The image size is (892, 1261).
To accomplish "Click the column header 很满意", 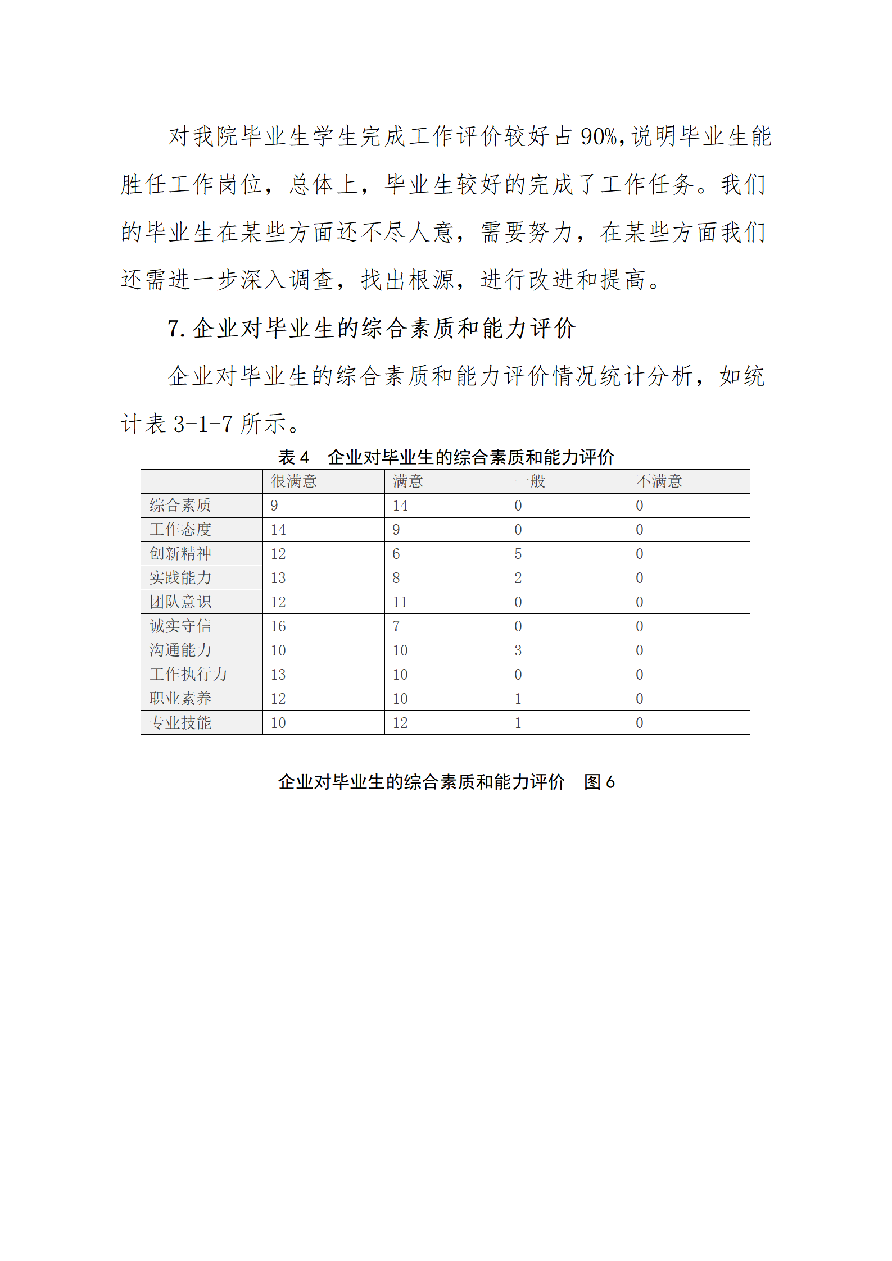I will pos(294,481).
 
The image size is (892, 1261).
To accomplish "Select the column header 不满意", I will pos(659,481).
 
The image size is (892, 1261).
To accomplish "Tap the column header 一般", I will pos(529,481).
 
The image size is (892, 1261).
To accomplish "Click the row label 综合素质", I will pos(180,506).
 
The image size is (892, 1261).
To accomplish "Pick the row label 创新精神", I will pos(180,554).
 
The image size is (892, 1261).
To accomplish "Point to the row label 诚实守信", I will pos(180,626).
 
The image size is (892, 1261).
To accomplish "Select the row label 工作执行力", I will pos(188,675).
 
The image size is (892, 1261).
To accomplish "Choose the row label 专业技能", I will pos(180,723).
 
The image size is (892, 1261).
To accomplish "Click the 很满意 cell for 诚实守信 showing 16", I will pos(278,626).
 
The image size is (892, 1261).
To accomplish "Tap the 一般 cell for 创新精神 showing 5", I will pos(518,554).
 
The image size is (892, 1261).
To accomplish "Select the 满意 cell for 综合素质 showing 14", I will pos(400,506).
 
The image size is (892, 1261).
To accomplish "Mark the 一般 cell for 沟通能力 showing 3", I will pos(518,650).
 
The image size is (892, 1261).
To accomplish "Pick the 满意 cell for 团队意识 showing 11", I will pos(400,602).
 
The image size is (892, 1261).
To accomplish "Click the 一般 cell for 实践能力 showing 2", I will pos(518,578).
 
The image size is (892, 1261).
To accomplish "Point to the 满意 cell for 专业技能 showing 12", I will pos(400,723).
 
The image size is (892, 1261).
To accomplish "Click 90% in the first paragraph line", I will pos(599,136).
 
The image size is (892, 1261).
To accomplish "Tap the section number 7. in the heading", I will pos(176,329).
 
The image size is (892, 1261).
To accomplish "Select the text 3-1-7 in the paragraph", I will pos(203,424).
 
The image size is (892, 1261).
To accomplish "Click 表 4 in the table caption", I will pos(293,457).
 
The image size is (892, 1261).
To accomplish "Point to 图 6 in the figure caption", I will pos(599,782).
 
